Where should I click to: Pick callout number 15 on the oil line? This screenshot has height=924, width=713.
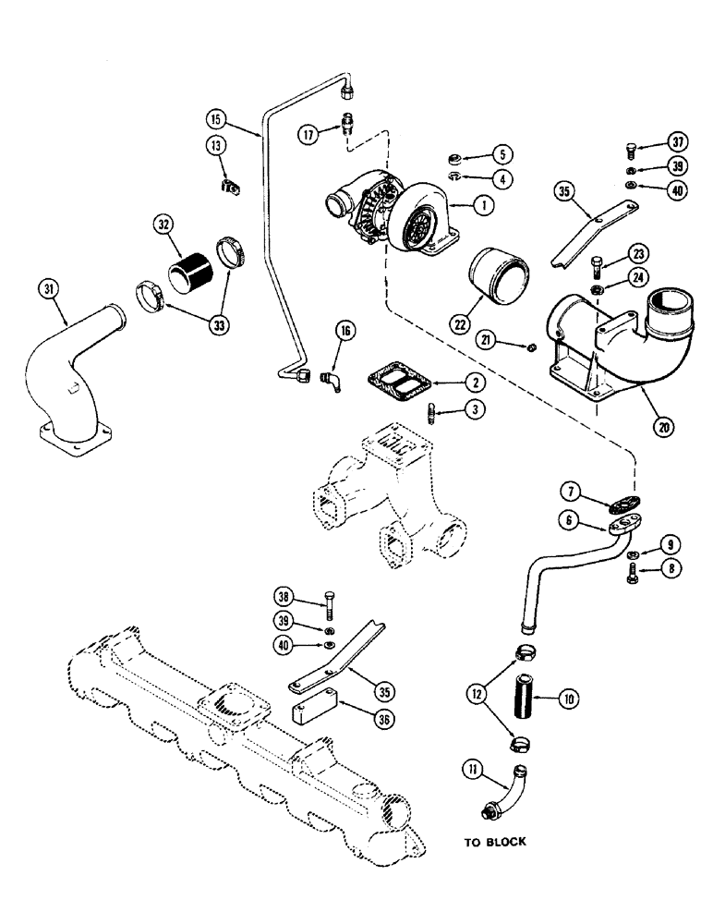pyautogui.click(x=216, y=118)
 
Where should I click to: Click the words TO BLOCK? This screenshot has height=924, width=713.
pyautogui.click(x=494, y=842)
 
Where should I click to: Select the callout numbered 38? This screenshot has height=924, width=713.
pyautogui.click(x=287, y=597)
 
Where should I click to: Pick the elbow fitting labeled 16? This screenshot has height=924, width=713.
pyautogui.click(x=330, y=382)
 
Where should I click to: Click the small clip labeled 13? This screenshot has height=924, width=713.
pyautogui.click(x=230, y=187)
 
